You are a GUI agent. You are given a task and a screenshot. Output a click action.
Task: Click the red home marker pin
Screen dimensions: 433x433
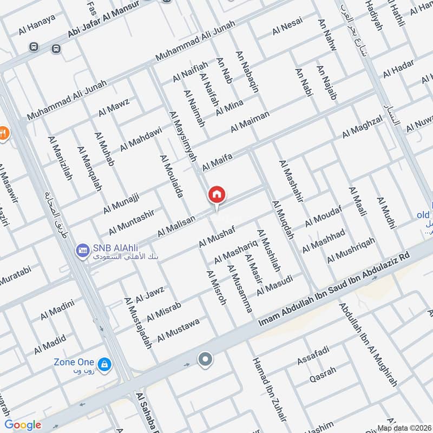217,194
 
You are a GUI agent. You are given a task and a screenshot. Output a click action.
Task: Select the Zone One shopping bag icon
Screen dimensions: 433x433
105,364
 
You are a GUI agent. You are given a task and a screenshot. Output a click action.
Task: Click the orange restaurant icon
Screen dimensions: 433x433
3,133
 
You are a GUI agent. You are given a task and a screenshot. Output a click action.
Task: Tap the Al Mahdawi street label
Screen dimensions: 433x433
141,138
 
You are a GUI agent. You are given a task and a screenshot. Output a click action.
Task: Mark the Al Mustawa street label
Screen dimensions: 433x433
179,330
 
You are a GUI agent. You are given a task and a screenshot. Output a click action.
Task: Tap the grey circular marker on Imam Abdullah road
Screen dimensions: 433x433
205,359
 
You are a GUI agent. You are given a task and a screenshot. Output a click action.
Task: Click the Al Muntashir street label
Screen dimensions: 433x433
135,222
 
